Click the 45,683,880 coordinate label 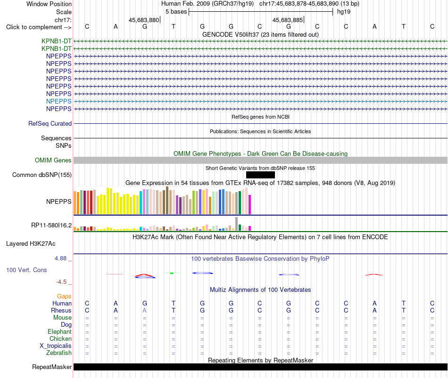(144, 20)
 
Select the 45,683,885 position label (288, 20)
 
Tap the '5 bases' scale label (176, 12)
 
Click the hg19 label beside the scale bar (344, 12)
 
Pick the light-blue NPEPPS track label (59, 101)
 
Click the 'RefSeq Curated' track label (50, 123)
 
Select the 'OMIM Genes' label (53, 161)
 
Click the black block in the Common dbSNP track (260, 175)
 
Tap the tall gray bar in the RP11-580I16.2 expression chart (237, 224)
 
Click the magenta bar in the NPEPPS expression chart (250, 205)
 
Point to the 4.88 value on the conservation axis (60, 258)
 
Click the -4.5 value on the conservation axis (61, 282)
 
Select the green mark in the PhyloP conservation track (172, 273)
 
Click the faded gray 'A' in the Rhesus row (145, 310)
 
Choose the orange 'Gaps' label (64, 297)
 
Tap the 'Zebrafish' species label (59, 353)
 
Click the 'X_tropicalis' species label (56, 346)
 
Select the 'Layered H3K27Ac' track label (31, 244)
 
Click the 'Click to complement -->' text (39, 27)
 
